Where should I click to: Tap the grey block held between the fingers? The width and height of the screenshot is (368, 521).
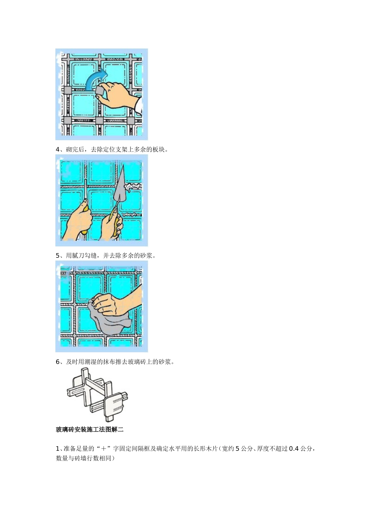pos(100,90)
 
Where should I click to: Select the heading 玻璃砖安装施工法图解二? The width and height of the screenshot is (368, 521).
pos(89,429)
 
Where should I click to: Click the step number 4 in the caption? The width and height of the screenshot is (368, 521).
pos(58,149)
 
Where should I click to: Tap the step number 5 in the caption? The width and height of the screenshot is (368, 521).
pos(58,255)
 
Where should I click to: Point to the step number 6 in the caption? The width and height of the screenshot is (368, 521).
pos(58,362)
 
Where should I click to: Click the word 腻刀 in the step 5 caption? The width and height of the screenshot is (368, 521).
pos(81,255)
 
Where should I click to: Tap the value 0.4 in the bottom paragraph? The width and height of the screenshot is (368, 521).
pos(294,449)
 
